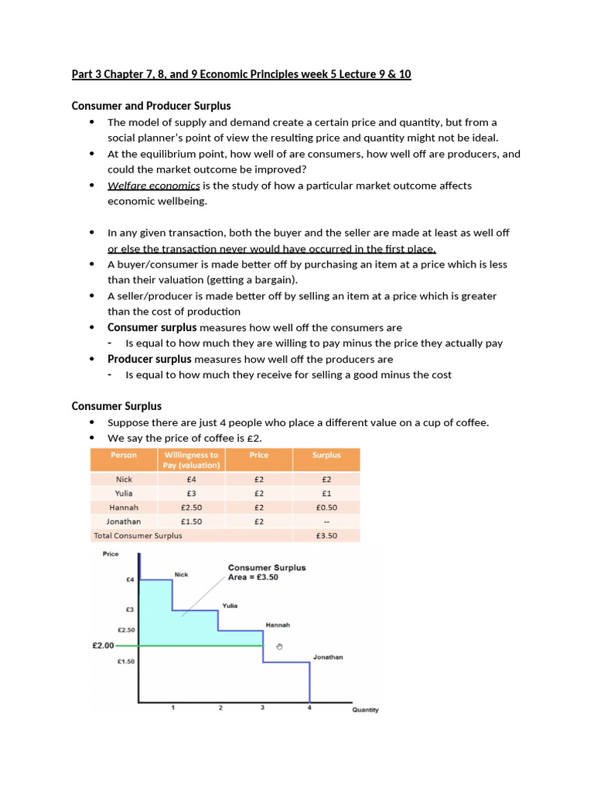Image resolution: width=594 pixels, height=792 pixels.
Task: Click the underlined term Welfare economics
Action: coord(153,186)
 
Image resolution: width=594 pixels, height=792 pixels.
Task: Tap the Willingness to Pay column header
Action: coord(191,459)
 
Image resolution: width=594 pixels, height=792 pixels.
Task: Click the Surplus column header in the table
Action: coord(326,456)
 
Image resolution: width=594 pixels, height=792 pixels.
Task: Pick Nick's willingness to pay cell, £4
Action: coord(191,480)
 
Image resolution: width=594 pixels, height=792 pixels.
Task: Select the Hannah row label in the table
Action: coord(124,507)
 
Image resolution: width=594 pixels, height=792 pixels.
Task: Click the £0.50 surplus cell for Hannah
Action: coord(326,507)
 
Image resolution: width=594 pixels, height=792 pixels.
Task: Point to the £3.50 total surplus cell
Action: coord(326,535)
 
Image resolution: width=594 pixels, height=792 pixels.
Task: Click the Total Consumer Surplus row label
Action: coord(138,535)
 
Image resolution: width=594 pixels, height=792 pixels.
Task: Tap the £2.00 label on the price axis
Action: coord(103,645)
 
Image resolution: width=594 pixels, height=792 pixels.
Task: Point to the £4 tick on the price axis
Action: coord(129,579)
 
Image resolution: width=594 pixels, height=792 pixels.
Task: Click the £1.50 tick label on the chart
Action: coord(125,661)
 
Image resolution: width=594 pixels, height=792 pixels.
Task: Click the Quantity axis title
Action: coord(365,710)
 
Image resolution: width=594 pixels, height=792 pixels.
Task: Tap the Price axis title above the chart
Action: coord(111,554)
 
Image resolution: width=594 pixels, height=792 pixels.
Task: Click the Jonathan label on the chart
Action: coord(327,657)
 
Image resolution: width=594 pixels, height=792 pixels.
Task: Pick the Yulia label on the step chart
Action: coord(230,606)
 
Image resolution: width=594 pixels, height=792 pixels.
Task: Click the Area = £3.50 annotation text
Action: coord(253,577)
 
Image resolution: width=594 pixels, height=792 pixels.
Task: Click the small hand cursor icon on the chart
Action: coord(279,646)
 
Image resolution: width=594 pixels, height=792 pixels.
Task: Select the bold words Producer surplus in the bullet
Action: coord(149,359)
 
